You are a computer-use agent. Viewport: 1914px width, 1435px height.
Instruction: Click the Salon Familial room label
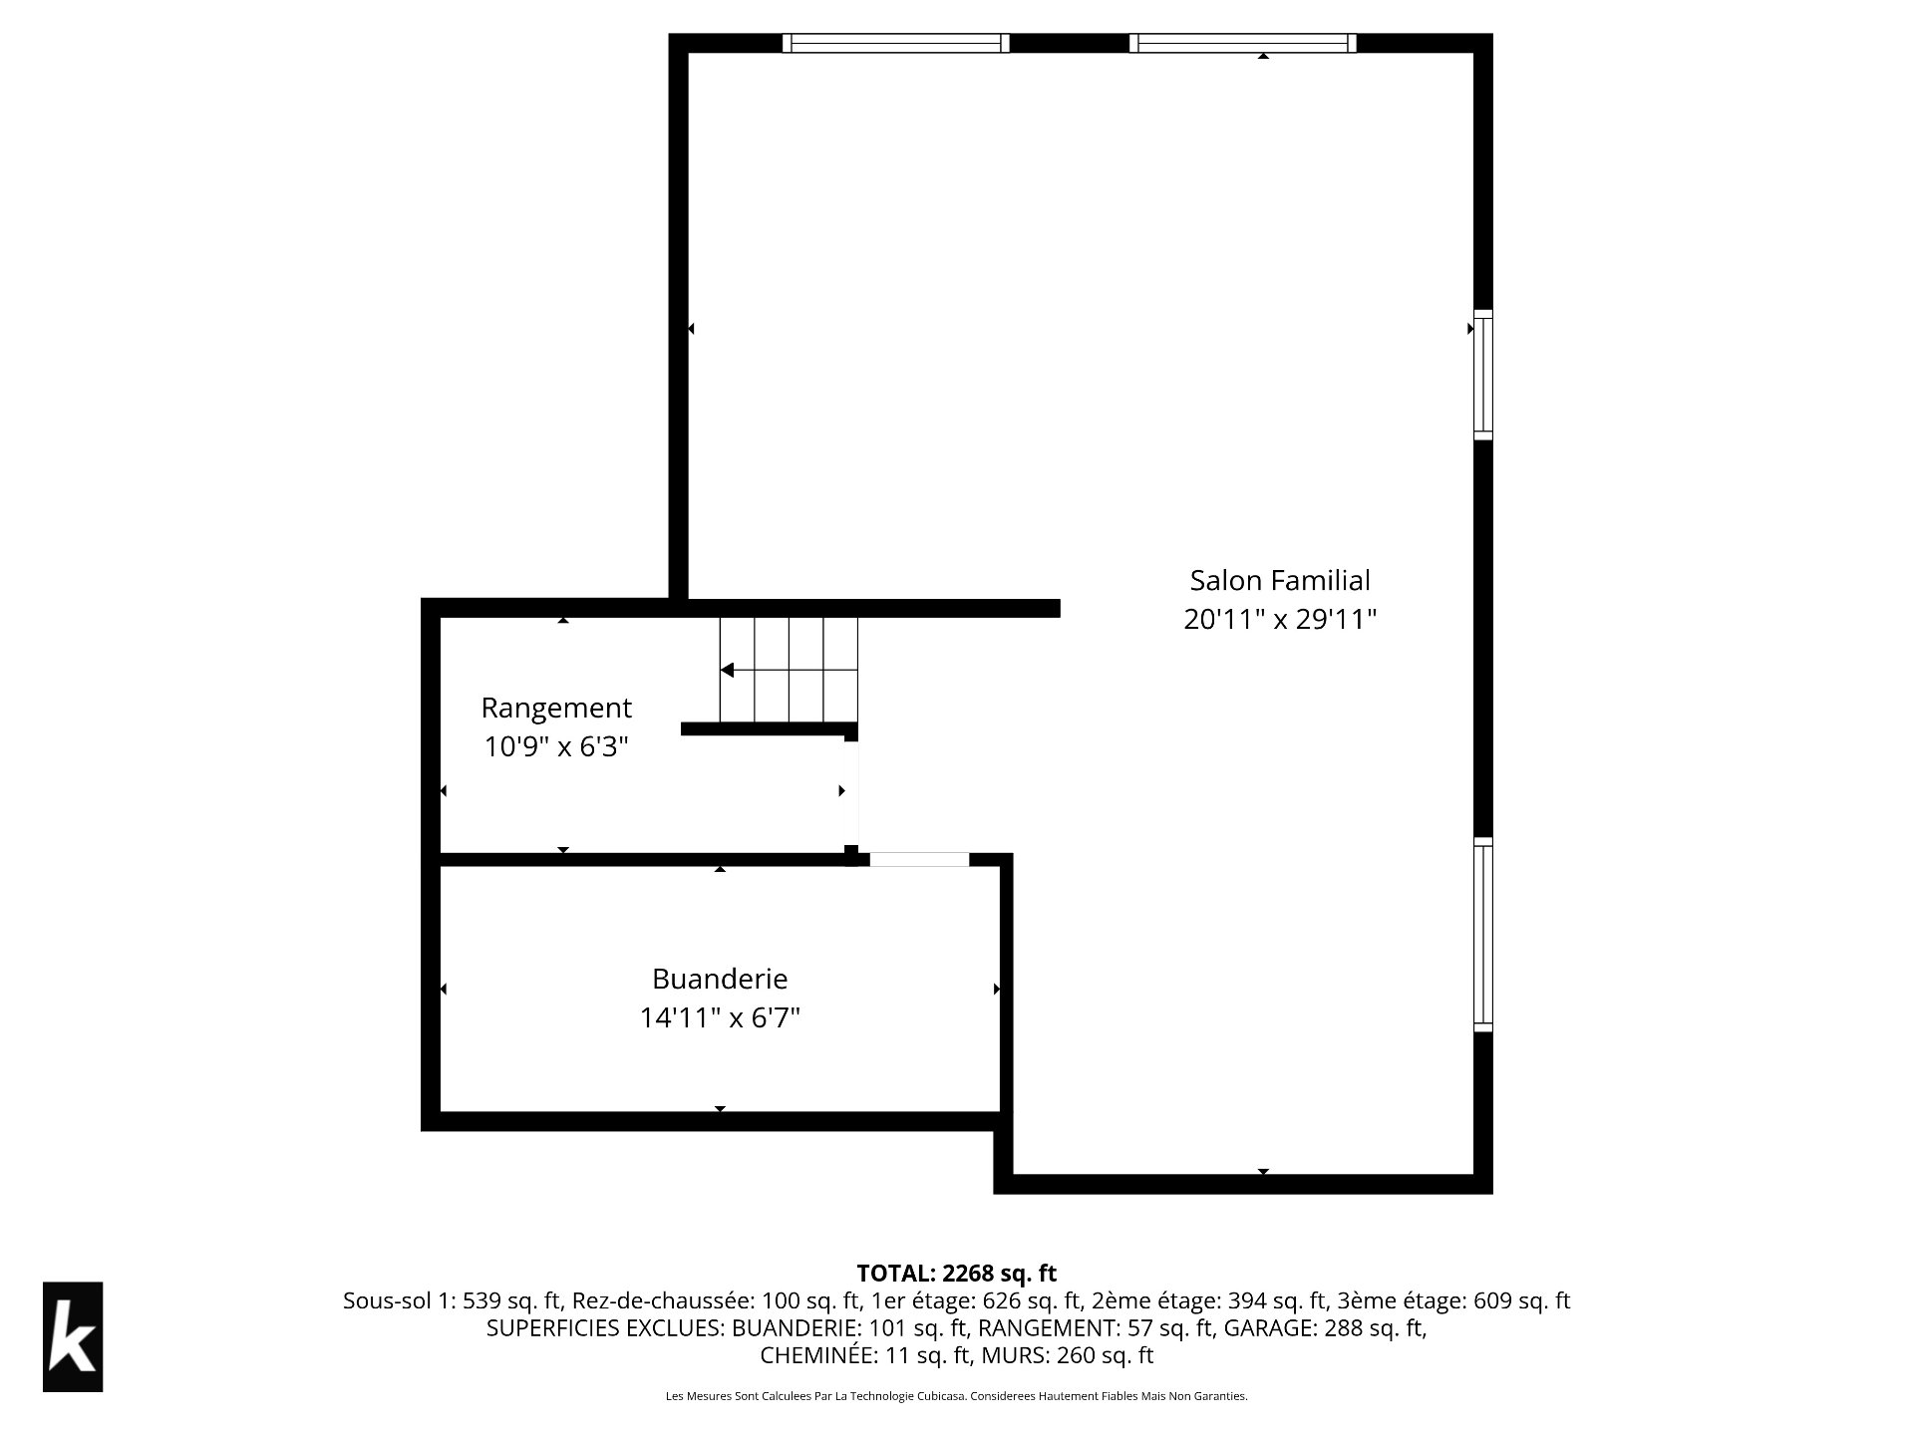(x=1280, y=580)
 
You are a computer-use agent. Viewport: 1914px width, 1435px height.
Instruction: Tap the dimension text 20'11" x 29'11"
(x=1280, y=620)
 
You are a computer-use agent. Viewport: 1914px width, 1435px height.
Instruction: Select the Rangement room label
(x=556, y=709)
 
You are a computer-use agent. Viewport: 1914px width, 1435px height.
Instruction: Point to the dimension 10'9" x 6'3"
(x=556, y=746)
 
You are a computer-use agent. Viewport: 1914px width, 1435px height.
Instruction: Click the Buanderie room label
(x=720, y=979)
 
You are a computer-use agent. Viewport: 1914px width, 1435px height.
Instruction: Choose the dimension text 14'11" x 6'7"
(x=720, y=1017)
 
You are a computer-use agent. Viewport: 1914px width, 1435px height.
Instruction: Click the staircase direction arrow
(x=789, y=670)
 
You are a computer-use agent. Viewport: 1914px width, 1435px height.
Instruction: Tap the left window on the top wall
(x=895, y=43)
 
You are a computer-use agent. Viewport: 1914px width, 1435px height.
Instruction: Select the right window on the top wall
(x=1243, y=43)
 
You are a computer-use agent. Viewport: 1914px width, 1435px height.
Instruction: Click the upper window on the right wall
(x=1483, y=375)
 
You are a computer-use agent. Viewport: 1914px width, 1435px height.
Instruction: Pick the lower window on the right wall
(x=1483, y=935)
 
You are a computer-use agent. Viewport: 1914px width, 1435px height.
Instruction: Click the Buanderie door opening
(x=919, y=859)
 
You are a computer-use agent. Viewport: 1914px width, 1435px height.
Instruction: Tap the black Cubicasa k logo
(x=73, y=1336)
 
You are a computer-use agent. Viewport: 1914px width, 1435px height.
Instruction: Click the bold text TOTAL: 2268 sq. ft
(x=957, y=1273)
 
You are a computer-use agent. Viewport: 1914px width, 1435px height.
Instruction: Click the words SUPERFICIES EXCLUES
(x=604, y=1328)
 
